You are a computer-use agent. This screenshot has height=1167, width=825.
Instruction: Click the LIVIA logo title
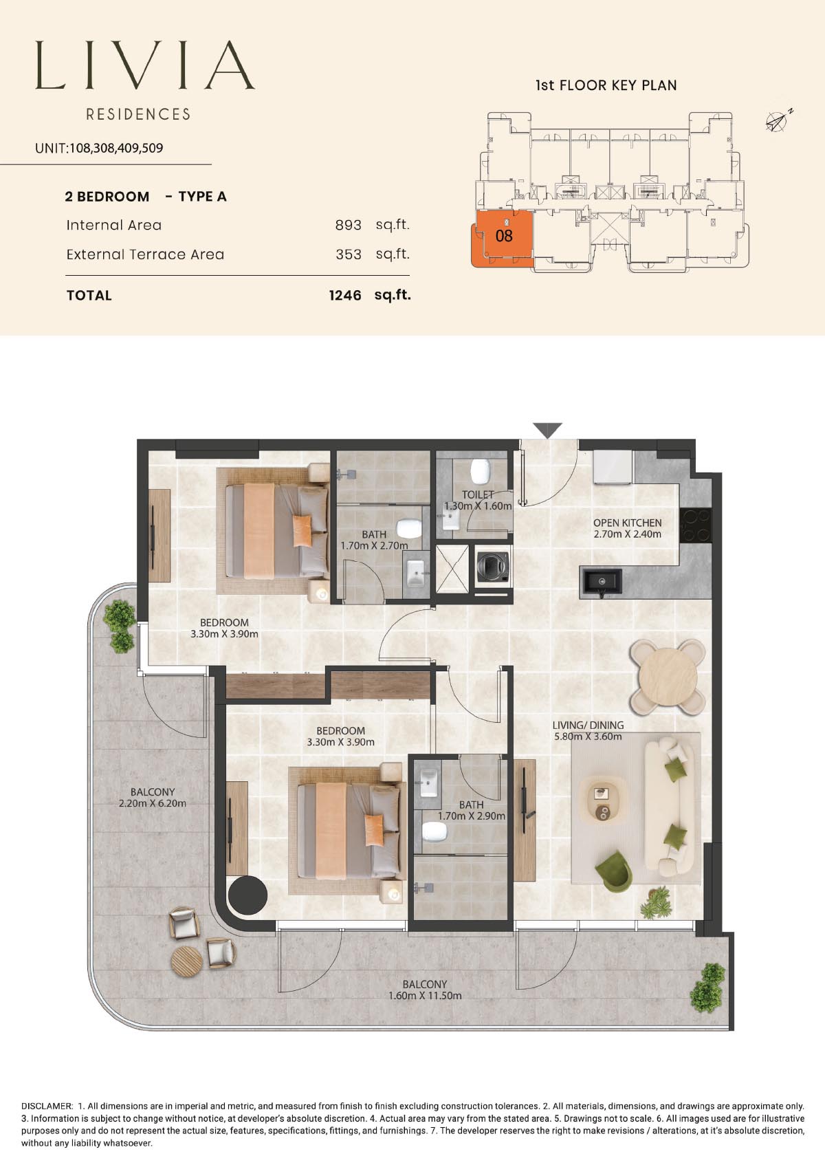coord(145,65)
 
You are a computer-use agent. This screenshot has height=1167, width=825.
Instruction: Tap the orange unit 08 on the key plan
coord(503,237)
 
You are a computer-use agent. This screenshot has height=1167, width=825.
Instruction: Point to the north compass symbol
coord(779,120)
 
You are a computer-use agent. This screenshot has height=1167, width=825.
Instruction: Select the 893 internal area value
coord(348,225)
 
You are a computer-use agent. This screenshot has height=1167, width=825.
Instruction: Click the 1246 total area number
coord(345,296)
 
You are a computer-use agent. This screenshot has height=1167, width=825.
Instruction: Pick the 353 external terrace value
coord(349,254)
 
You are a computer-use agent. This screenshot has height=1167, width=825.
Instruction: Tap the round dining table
coord(667,677)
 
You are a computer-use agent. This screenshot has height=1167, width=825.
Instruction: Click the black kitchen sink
coord(600,582)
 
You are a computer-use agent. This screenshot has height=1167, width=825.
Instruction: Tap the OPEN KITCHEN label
coord(627,523)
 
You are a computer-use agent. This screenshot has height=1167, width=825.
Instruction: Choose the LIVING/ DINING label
coord(588,725)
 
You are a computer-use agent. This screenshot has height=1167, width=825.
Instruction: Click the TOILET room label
coord(478,494)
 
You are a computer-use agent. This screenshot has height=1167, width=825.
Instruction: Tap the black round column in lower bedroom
coord(247,895)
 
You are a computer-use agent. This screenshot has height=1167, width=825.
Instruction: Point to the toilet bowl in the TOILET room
coord(479,471)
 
